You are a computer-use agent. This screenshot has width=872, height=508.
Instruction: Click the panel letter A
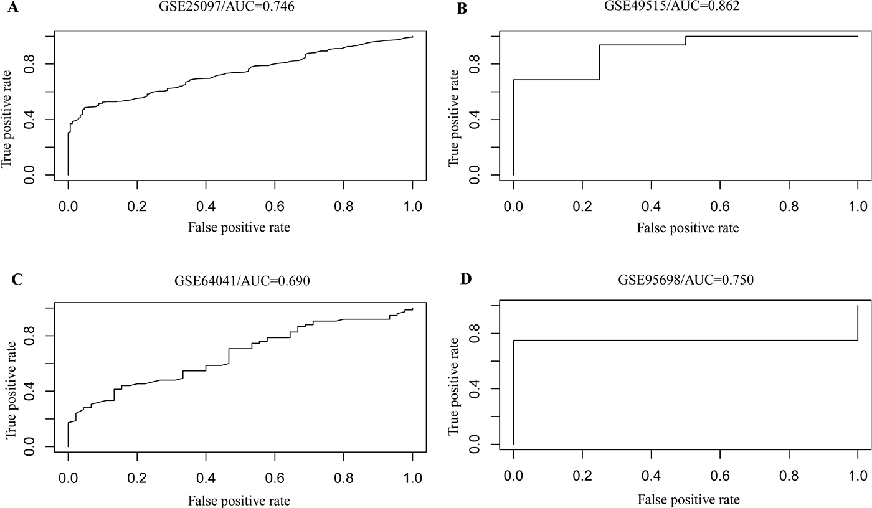(13, 7)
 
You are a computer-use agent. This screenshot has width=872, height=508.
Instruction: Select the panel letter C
(17, 280)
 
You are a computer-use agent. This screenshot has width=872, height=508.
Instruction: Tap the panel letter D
(466, 279)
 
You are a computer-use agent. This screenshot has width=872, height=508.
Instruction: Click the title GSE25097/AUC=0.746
(227, 7)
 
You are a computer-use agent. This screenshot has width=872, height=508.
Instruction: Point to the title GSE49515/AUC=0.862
(671, 6)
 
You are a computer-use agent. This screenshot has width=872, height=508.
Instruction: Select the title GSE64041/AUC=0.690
(242, 280)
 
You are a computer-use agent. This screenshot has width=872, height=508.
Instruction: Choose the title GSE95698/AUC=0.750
(686, 280)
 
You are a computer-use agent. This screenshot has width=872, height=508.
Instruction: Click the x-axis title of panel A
(239, 227)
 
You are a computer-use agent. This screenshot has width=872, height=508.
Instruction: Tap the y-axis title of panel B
(454, 118)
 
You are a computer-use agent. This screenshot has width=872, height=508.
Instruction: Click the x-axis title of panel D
(689, 499)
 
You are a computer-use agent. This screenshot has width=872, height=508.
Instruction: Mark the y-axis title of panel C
(11, 390)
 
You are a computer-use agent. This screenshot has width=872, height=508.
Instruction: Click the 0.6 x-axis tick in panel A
(275, 206)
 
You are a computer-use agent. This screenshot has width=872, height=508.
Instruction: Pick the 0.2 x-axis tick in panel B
(582, 206)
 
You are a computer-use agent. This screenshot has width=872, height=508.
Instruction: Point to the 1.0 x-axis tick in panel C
(412, 477)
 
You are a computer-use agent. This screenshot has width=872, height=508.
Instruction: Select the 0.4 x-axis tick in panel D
(652, 476)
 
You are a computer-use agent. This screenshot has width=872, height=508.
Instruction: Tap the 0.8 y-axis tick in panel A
(29, 63)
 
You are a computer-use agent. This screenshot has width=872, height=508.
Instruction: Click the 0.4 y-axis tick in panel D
(474, 388)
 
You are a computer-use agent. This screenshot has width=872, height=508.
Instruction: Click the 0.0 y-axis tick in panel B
(474, 175)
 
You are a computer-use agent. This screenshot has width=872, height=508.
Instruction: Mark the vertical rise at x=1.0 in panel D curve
(858, 323)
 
